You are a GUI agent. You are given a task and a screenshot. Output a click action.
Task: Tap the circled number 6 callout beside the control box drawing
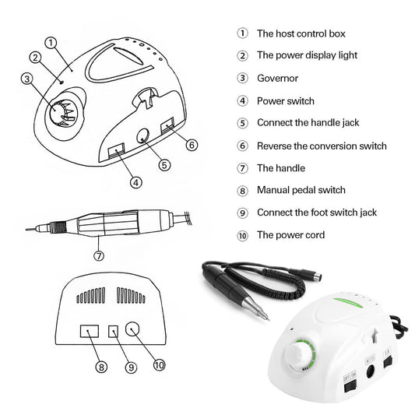pos(192,143)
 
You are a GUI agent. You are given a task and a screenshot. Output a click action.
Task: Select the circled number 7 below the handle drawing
pos(99,255)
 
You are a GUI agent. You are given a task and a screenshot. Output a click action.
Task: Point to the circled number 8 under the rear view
pos(101,364)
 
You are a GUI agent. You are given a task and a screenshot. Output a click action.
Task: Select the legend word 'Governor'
pos(277,79)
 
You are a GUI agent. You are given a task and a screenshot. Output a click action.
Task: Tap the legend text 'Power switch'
pos(286,100)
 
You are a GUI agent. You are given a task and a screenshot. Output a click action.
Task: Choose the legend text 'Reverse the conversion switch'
pos(322,146)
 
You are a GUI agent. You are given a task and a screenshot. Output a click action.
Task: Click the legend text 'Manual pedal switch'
pos(301,190)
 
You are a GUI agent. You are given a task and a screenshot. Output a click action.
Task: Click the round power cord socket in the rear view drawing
pos(135,330)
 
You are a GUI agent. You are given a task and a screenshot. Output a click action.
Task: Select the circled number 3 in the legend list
pos(242,79)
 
